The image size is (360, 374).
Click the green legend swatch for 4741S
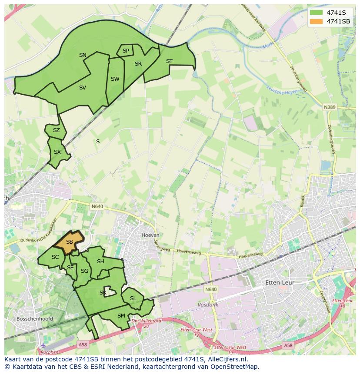317,12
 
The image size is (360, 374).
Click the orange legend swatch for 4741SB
317,21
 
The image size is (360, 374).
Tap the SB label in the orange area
70,242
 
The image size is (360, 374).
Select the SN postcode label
83,55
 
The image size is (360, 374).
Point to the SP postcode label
126,51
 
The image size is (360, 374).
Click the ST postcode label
169,61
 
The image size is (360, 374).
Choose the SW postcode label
115,79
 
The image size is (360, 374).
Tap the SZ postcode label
57,130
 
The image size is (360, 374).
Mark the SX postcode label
57,152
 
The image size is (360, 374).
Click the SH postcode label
100,261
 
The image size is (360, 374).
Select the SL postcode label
133,298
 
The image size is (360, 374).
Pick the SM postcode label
121,316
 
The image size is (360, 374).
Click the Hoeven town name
150,235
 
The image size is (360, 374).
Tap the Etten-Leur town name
280,282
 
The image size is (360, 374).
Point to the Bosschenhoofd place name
34,319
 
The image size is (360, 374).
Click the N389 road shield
330,107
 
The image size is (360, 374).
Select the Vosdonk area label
208,305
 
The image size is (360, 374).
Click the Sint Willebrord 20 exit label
146,323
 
